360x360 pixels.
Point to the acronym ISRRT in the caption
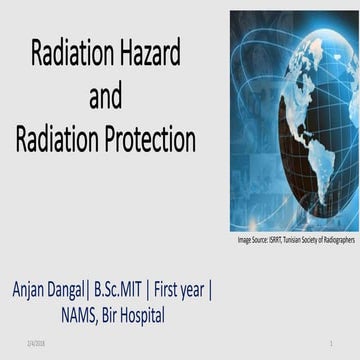[x=282, y=241]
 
